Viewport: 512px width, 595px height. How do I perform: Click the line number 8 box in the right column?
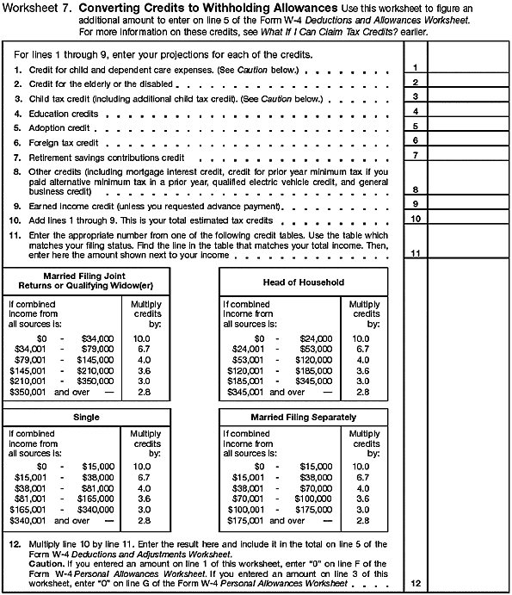[x=415, y=189]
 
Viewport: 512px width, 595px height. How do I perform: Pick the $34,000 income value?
[x=97, y=338]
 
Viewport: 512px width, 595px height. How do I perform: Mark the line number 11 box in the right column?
[x=415, y=253]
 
